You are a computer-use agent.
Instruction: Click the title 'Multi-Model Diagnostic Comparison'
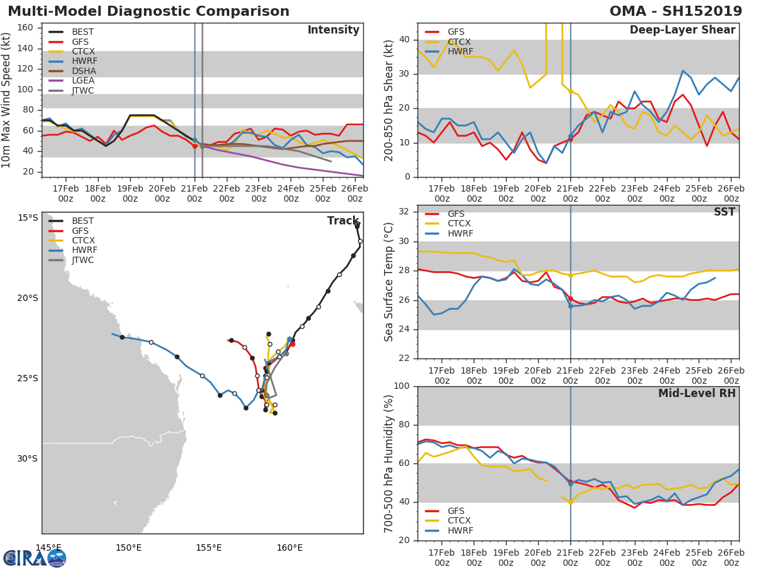(148, 11)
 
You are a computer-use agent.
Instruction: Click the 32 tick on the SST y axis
(407, 212)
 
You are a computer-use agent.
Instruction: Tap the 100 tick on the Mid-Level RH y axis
(403, 386)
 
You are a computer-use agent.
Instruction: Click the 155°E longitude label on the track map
(209, 548)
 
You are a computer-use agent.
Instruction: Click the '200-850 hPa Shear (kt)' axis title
(389, 101)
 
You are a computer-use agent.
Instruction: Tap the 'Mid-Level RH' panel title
(697, 393)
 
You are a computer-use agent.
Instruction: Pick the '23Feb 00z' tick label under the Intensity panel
(259, 193)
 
